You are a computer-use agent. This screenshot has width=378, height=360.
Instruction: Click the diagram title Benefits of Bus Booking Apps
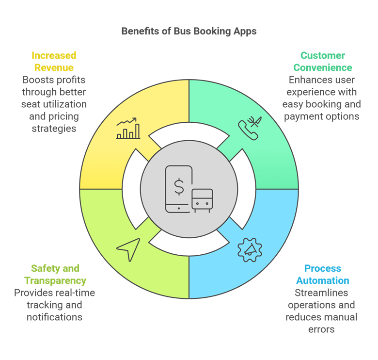click(x=189, y=32)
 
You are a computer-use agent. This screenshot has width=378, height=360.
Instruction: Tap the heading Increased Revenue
click(x=54, y=62)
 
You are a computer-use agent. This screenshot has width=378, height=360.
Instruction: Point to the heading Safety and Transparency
click(x=55, y=275)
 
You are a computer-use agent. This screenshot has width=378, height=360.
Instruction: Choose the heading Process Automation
click(x=322, y=275)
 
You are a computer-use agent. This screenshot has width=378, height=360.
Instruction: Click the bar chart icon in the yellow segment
click(x=128, y=129)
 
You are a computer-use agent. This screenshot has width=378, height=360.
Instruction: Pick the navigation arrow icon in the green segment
click(x=128, y=249)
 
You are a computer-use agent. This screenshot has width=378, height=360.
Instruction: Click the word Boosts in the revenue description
click(x=36, y=80)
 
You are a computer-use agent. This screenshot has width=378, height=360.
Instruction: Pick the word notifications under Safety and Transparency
click(x=55, y=317)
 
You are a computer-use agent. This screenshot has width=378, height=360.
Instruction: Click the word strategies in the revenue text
click(x=54, y=129)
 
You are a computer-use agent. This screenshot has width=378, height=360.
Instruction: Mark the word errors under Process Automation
click(x=322, y=329)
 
